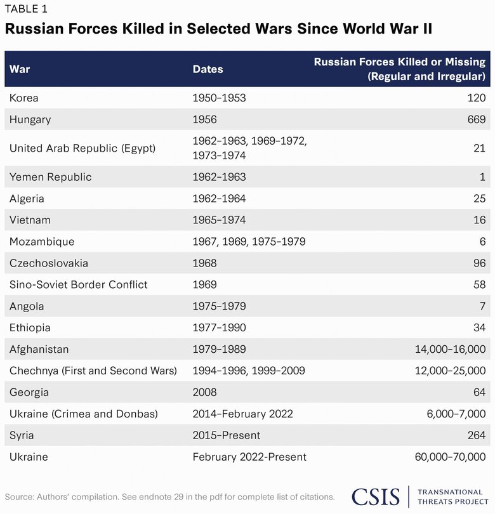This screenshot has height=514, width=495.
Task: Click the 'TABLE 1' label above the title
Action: (26, 9)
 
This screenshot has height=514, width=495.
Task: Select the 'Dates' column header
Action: (208, 69)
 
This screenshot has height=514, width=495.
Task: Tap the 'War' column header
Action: (20, 69)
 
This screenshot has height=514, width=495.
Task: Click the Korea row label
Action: (24, 98)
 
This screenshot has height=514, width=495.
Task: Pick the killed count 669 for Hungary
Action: (476, 119)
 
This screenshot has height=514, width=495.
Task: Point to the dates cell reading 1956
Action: (204, 119)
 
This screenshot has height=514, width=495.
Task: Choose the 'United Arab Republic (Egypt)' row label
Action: (82, 148)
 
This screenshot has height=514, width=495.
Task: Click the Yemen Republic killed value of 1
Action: (482, 177)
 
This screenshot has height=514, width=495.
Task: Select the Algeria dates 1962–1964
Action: (219, 199)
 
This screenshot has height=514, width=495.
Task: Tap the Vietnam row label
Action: (30, 220)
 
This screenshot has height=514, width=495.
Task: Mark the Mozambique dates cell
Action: (249, 242)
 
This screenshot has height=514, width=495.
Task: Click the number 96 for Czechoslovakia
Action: (479, 263)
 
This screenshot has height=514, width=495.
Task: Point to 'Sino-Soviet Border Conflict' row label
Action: (79, 285)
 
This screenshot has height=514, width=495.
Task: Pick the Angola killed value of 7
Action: (482, 306)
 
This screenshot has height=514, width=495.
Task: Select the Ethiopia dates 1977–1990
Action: (219, 328)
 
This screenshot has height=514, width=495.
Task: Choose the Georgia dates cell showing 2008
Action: (204, 393)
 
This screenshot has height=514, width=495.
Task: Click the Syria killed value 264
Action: (476, 436)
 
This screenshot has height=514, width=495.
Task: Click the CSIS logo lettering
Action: (376, 496)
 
